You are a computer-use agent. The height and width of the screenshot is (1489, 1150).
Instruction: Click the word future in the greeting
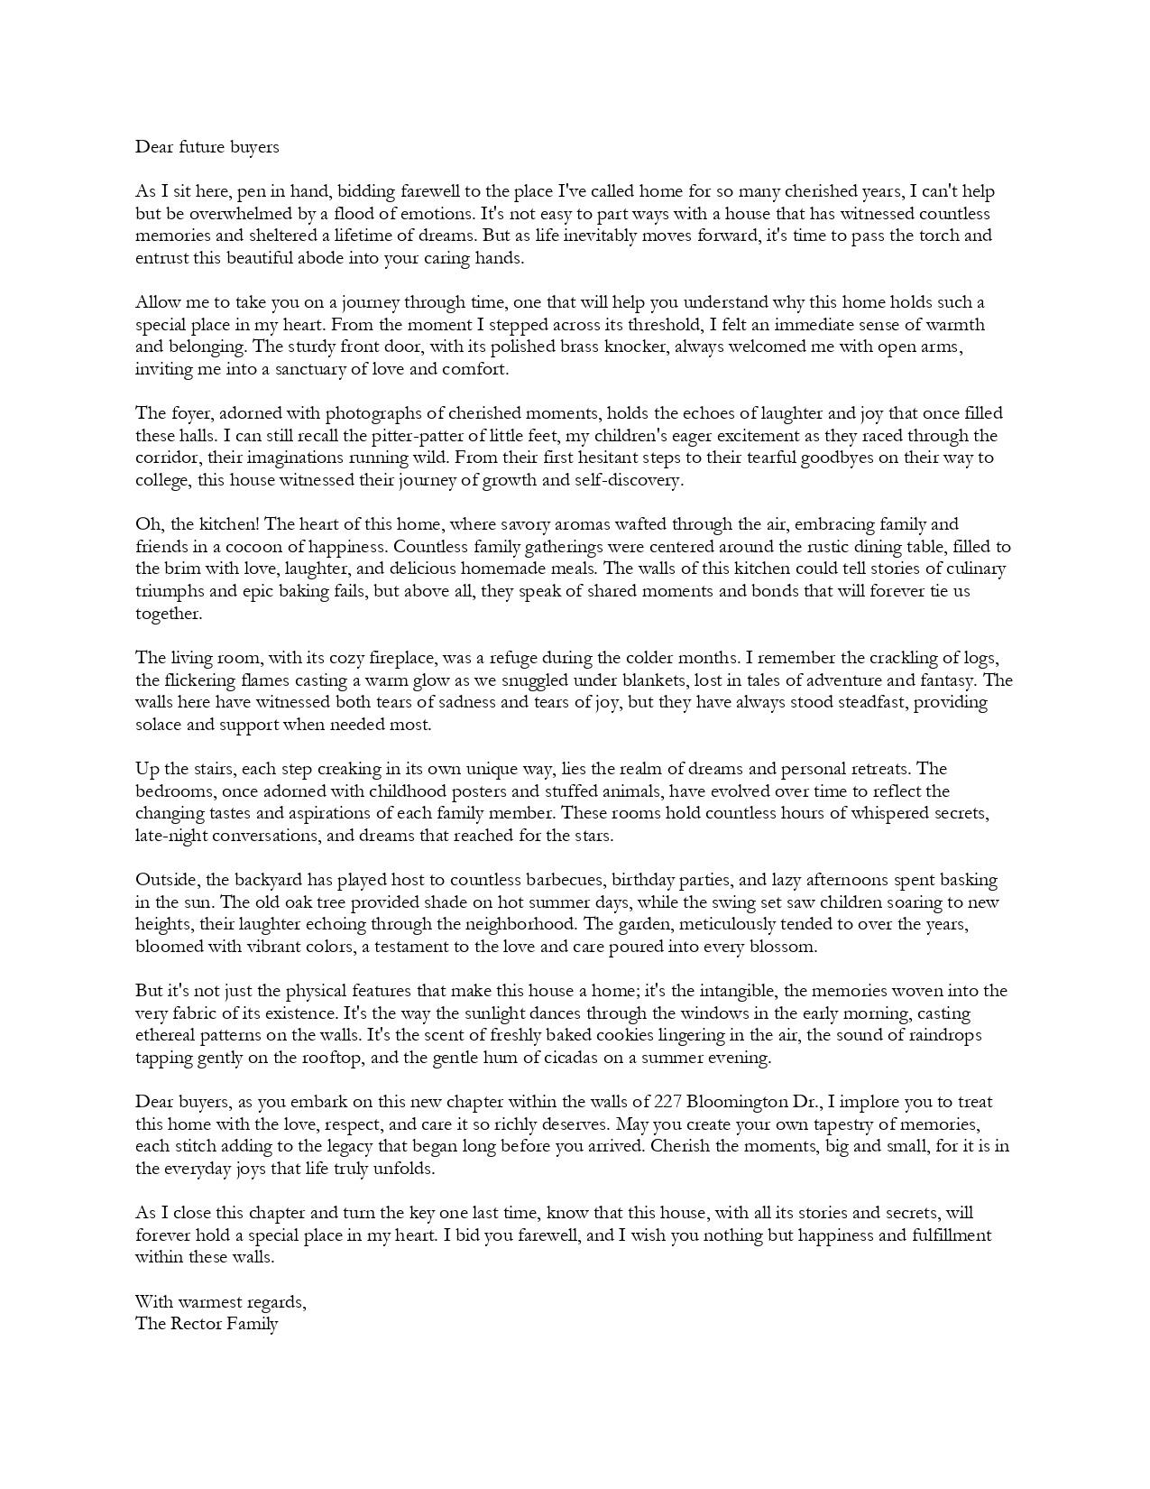199,147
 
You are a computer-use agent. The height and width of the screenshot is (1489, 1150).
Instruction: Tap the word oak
288,902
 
